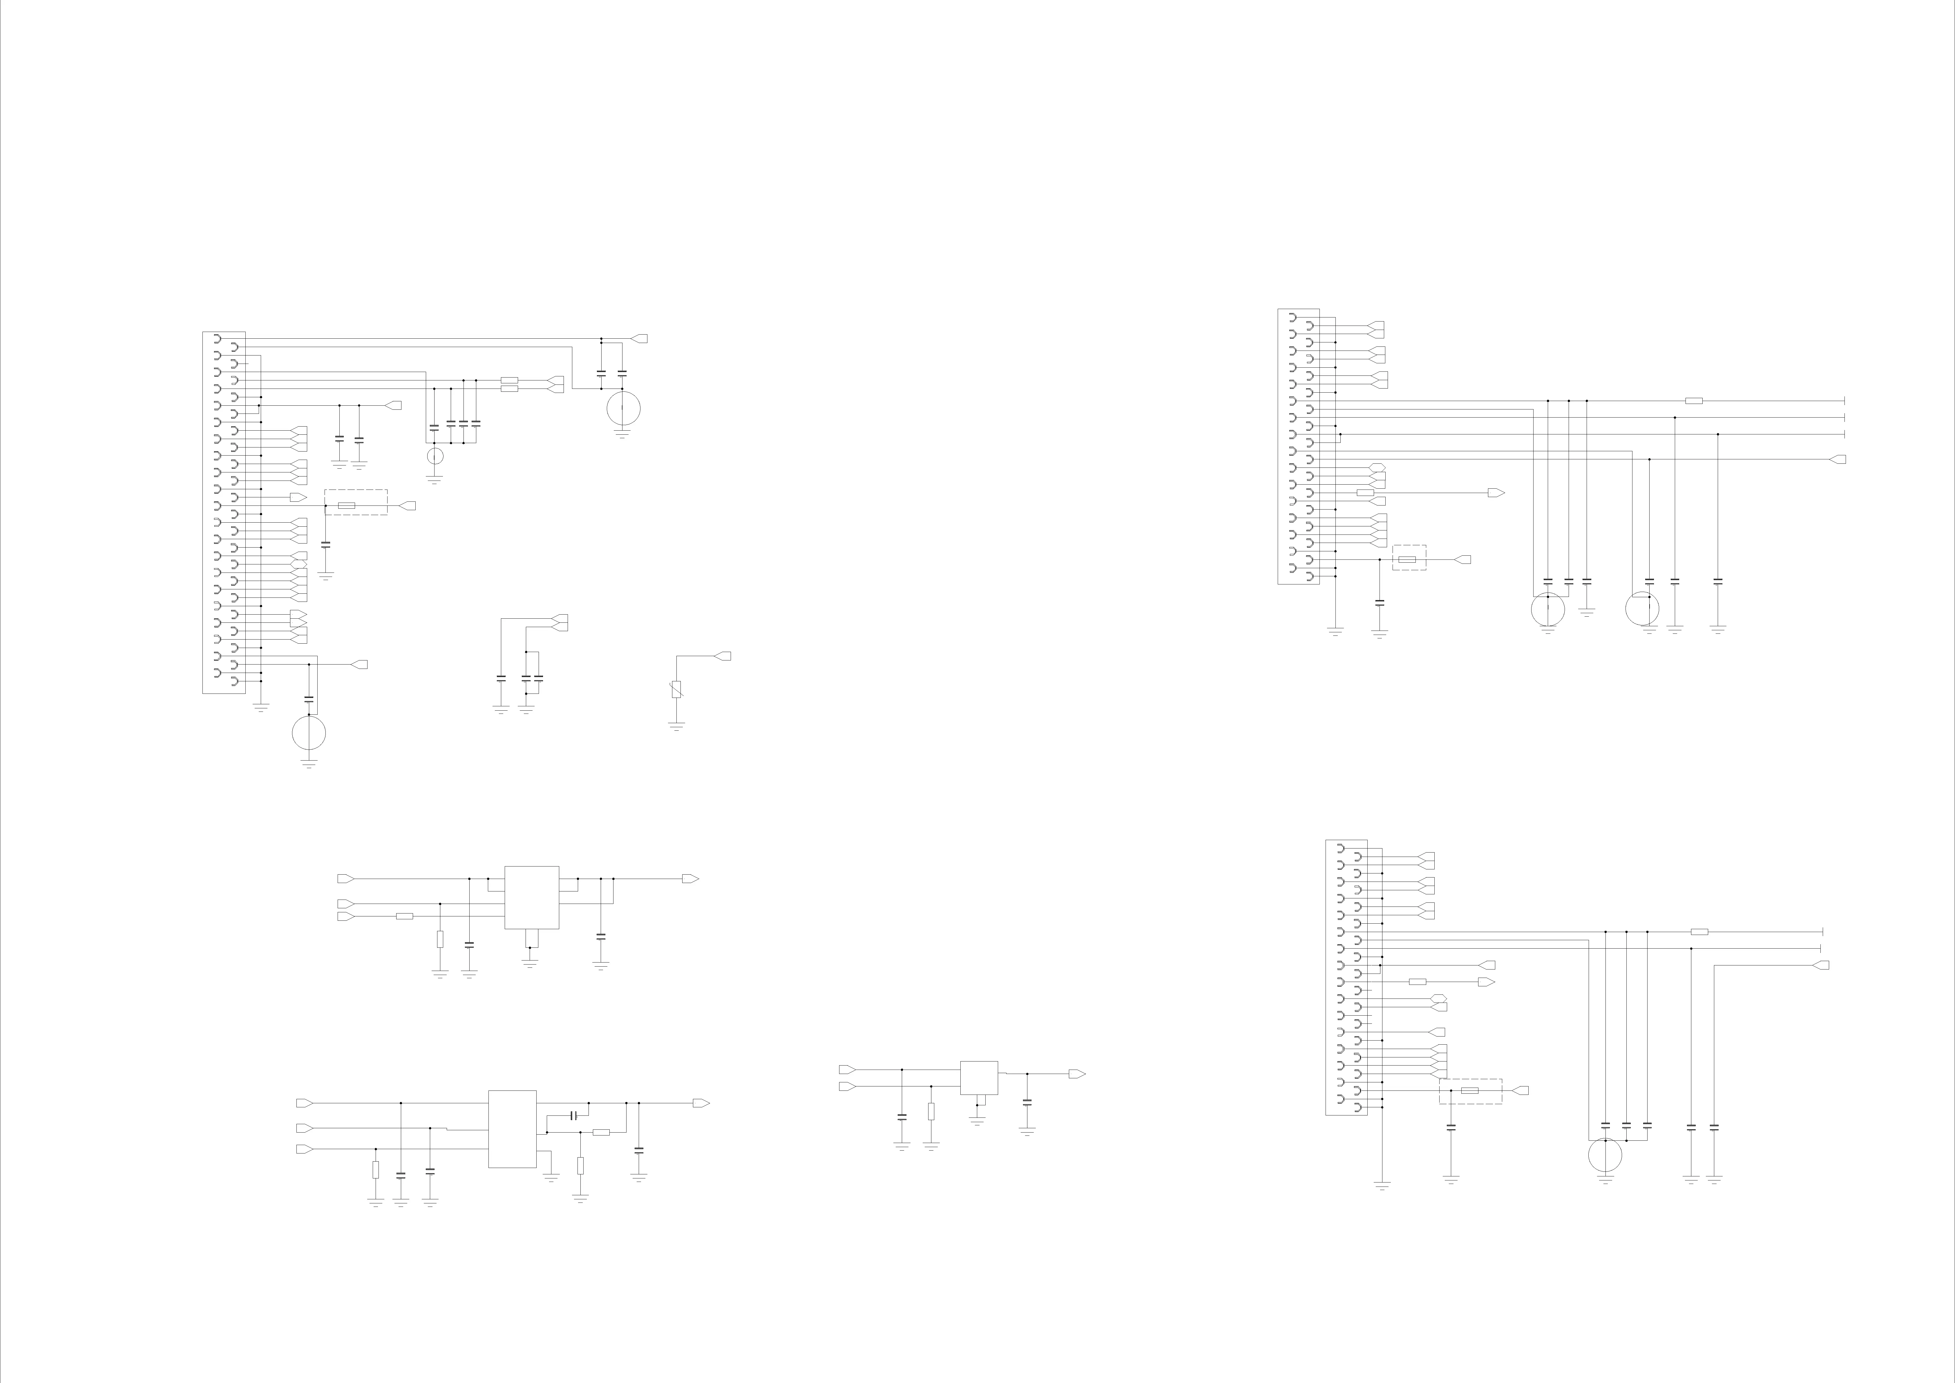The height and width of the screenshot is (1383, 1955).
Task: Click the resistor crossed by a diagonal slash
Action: pos(676,689)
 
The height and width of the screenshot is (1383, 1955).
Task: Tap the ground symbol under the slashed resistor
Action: pos(676,725)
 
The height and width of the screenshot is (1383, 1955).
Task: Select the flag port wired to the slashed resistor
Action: pos(723,656)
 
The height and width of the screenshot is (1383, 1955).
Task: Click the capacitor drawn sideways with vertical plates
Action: pos(574,1115)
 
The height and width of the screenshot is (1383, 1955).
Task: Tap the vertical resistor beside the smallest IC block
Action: pos(931,1111)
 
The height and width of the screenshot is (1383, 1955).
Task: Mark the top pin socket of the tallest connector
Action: pos(217,338)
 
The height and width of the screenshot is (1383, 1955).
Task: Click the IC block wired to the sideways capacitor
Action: pos(512,1129)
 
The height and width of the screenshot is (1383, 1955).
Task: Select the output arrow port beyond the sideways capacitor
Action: pos(701,1103)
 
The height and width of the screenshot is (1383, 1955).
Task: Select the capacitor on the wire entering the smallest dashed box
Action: pos(1380,602)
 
